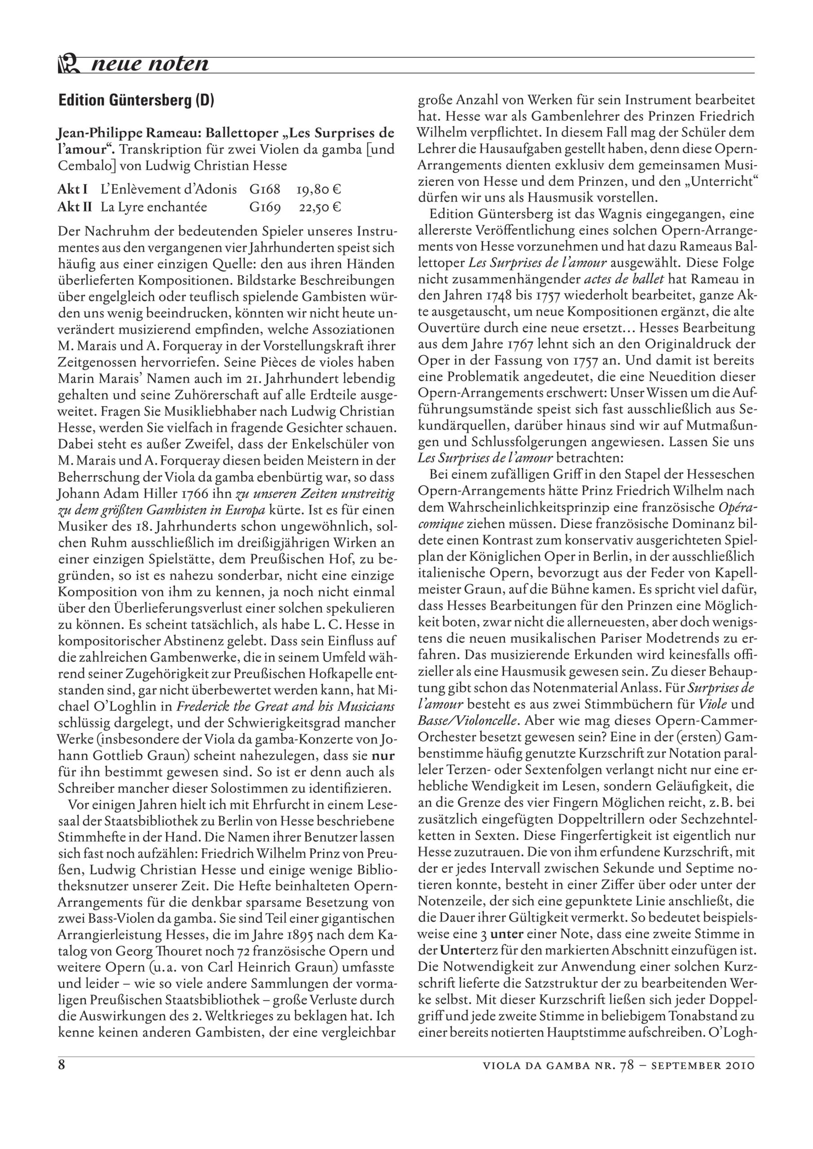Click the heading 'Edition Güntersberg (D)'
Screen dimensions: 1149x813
point(136,101)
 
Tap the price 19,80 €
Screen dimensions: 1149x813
point(318,190)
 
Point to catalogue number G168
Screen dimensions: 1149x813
point(264,190)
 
